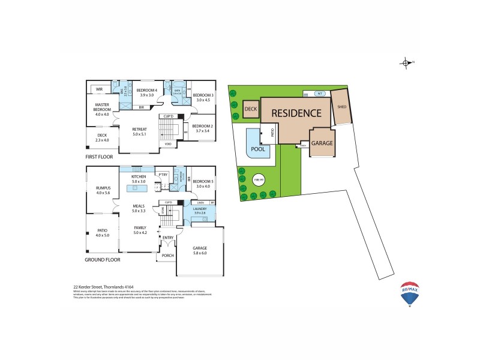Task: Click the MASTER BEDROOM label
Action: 102,106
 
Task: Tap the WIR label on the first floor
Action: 100,89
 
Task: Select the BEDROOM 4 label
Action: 147,91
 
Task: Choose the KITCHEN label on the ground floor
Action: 139,177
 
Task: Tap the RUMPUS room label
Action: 100,188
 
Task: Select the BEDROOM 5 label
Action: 203,181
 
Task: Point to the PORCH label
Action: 167,255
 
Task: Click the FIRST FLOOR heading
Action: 99,157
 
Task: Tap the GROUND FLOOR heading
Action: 103,260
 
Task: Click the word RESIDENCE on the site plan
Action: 296,112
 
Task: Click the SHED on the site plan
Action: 341,107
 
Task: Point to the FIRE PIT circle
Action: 259,179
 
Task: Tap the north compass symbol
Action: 406,63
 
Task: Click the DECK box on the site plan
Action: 251,109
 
